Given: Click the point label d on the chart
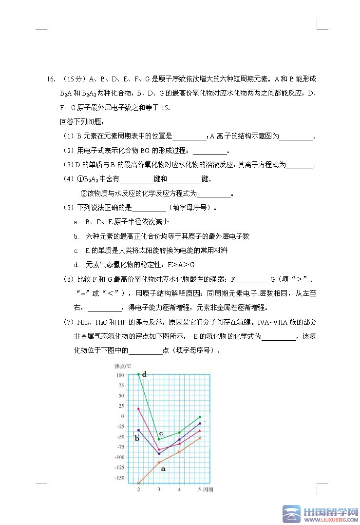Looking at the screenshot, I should [144, 374].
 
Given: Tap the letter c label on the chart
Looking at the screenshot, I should [161, 433].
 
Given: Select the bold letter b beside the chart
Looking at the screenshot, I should [137, 438].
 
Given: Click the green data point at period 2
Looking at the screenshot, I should [138, 374].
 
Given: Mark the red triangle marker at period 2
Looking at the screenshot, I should [138, 408].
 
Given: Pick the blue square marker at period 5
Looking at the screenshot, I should [200, 423].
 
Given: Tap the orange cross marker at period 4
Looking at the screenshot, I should [179, 451].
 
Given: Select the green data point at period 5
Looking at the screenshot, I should [200, 417].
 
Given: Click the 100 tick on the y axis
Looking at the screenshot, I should [120, 375].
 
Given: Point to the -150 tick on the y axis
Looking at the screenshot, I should [118, 478].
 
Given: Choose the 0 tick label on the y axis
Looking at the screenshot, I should [123, 416].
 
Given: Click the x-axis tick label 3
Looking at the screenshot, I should [159, 489].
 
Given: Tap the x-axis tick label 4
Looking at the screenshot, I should [179, 489].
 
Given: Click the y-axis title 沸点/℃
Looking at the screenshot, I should [123, 366].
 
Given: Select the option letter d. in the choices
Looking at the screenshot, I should [76, 265].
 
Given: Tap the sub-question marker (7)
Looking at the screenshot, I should [68, 322].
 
